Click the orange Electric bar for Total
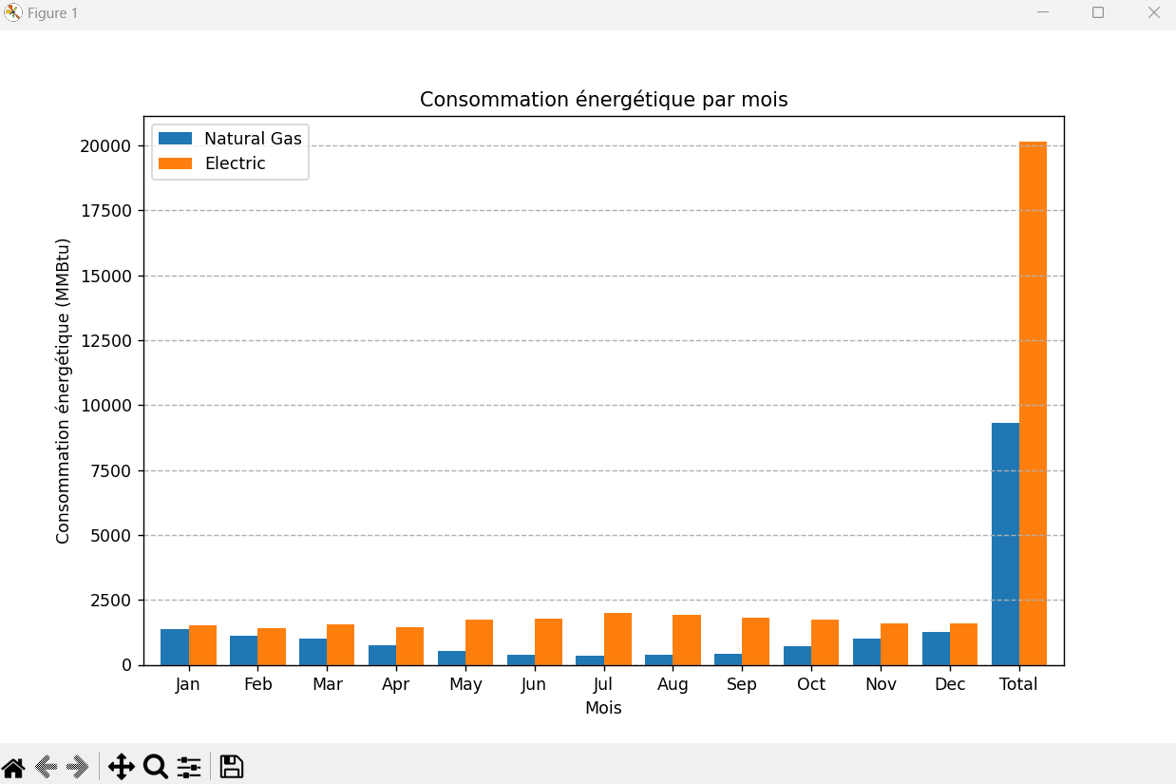click(1033, 404)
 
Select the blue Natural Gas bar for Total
click(1005, 544)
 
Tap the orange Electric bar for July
click(617, 640)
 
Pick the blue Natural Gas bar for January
click(175, 647)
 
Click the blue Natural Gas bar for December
click(936, 648)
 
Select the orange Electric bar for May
click(479, 642)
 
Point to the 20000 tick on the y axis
click(105, 146)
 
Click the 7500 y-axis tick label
click(110, 471)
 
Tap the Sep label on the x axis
click(742, 685)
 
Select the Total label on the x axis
click(1018, 685)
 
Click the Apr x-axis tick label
click(396, 685)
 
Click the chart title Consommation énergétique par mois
click(603, 100)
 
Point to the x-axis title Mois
click(603, 708)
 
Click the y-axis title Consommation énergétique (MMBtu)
click(64, 392)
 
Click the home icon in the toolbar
click(13, 767)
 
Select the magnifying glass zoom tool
click(155, 767)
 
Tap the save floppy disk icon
click(232, 767)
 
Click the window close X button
click(1153, 13)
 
